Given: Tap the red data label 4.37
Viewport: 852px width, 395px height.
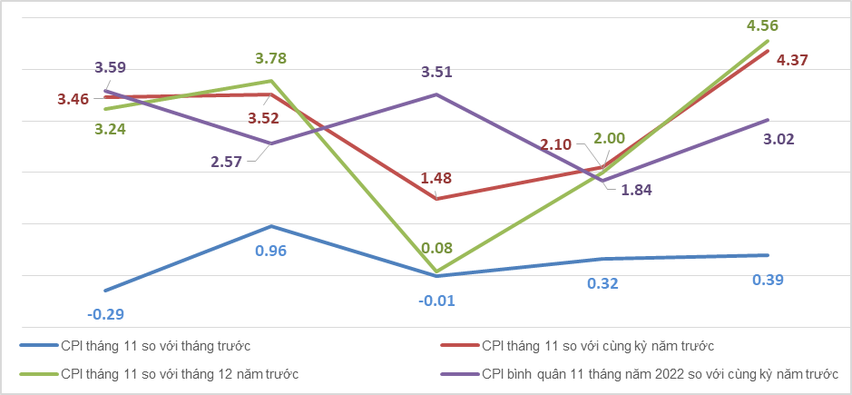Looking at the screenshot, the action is tap(792, 59).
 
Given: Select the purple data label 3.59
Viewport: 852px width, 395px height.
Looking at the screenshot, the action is tap(111, 68).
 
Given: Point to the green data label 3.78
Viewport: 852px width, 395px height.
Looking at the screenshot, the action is tap(270, 58).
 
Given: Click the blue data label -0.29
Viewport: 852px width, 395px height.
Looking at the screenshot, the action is tap(106, 314).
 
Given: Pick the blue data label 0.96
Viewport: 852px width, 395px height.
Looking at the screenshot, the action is tap(270, 252).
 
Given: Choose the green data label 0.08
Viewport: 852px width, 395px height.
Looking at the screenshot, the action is tap(436, 249).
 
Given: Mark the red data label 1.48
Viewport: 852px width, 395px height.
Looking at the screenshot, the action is tap(436, 179).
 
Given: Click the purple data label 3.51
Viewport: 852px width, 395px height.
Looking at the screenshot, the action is tap(436, 73).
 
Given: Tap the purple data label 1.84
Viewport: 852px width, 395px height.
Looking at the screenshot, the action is tap(636, 190).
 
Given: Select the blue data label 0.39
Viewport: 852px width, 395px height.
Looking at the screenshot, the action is tap(768, 281).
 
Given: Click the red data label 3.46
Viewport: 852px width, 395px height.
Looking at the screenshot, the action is tap(73, 100).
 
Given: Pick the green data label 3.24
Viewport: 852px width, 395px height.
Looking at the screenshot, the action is tap(111, 130).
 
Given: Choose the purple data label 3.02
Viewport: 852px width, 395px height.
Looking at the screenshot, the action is tap(779, 139).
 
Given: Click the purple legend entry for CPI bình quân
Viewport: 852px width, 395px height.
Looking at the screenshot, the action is tap(639, 374).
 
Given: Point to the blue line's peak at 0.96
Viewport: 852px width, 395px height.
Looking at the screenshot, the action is tap(270, 226).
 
